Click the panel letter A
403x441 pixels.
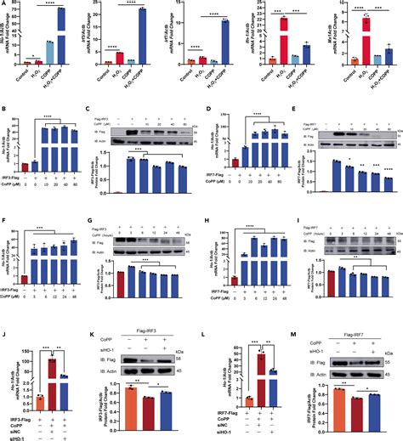4,4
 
